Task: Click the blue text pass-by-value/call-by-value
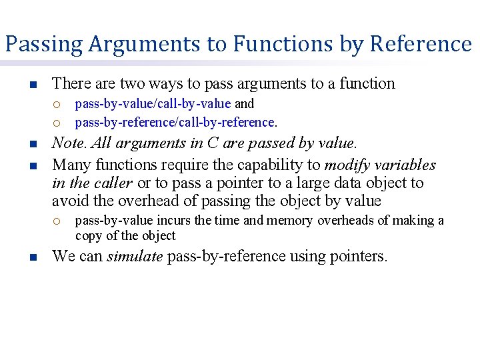coord(153,104)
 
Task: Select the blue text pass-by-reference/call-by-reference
coord(175,122)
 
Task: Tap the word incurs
coord(175,221)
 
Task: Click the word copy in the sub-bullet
coord(88,235)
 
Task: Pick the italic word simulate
coord(135,256)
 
